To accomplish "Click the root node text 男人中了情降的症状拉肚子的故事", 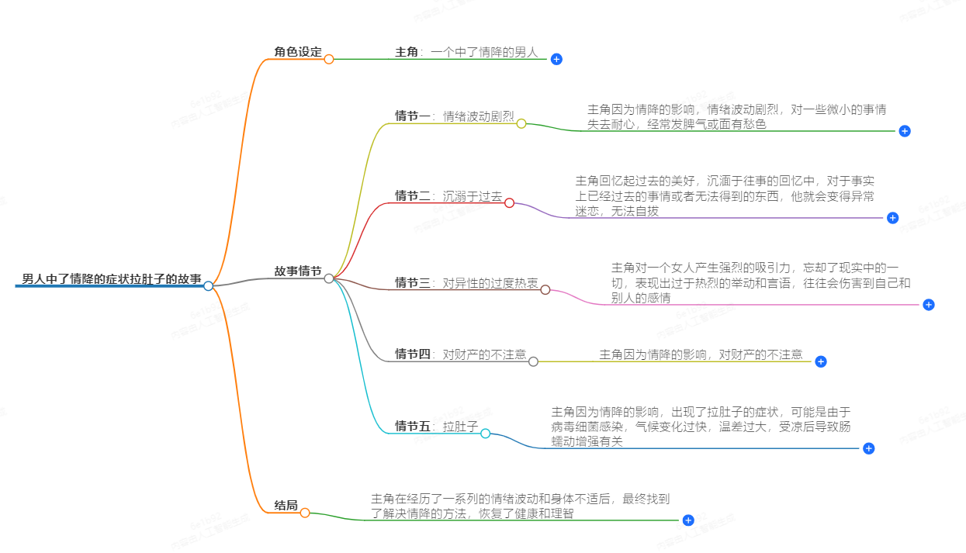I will (112, 278).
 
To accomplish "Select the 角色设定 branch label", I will (297, 52).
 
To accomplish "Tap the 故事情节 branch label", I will (297, 271).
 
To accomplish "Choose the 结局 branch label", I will (286, 506).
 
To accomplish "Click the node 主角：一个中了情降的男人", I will (466, 52).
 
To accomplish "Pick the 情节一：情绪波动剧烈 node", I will (454, 116).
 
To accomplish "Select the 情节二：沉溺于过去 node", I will (448, 196).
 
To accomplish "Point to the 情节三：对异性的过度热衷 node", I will (466, 283).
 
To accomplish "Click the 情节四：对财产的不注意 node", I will (460, 354).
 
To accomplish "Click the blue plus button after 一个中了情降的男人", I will (556, 59).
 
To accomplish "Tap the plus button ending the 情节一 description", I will (904, 131).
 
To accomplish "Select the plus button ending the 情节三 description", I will (929, 305).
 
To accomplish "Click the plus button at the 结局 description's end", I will (687, 520).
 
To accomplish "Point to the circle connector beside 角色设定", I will (329, 59).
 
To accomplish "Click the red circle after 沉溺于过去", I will (509, 203).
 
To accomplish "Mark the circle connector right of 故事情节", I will (329, 278).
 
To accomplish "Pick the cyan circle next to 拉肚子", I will (485, 434).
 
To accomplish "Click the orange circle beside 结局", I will (305, 513).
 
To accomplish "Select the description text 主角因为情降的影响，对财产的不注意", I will (701, 354).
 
